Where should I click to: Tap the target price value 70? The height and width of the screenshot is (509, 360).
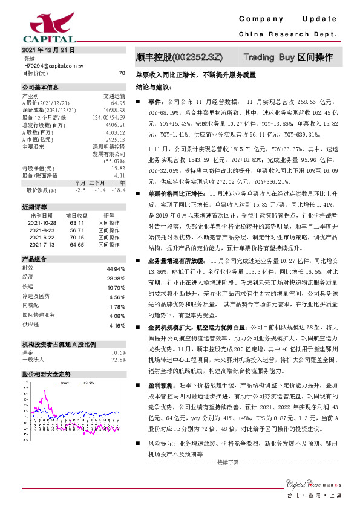122,73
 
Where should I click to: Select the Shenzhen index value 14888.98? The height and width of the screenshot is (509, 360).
114,110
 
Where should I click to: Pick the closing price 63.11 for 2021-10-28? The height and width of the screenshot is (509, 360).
77,222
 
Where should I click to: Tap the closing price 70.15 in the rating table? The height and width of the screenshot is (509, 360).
77,237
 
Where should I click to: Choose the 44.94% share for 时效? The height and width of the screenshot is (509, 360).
116,268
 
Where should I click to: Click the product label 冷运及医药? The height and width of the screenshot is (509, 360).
37,297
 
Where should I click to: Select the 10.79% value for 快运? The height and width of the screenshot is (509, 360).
116,287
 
